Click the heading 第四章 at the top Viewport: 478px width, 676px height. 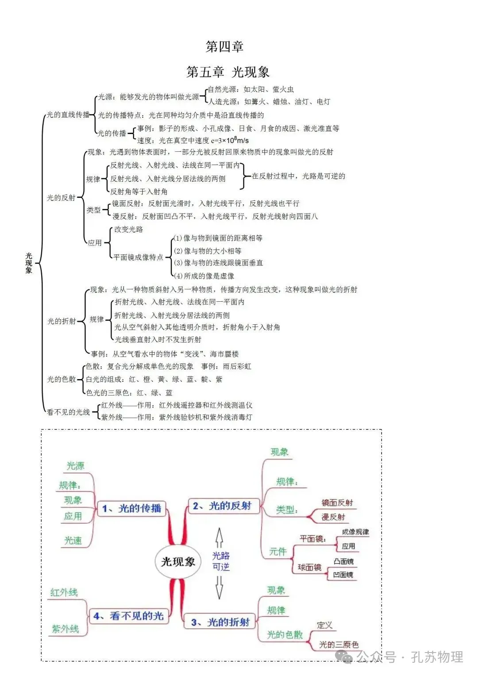pyautogui.click(x=225, y=46)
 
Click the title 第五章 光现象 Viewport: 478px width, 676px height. pyautogui.click(x=228, y=72)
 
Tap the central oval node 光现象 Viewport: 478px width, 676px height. pyautogui.click(x=178, y=561)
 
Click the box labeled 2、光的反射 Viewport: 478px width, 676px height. pyautogui.click(x=222, y=506)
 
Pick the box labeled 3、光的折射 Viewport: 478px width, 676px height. pyautogui.click(x=220, y=622)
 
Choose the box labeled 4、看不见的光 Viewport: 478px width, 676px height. pyautogui.click(x=128, y=615)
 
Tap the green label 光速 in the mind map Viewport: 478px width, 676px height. pyautogui.click(x=73, y=540)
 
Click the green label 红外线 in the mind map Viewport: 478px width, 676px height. pyautogui.click(x=64, y=592)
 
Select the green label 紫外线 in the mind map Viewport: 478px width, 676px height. pyautogui.click(x=65, y=628)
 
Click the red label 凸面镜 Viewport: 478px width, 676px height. pyautogui.click(x=343, y=561)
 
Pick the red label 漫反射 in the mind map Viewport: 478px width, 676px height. pyautogui.click(x=333, y=517)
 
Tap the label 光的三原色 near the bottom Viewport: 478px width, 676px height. pyautogui.click(x=339, y=645)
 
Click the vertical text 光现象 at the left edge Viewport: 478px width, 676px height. pyautogui.click(x=29, y=263)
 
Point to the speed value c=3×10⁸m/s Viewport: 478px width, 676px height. pyautogui.click(x=230, y=141)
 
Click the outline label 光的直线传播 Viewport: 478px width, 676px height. pyautogui.click(x=68, y=115)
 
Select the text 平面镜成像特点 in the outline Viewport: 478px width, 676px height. pyautogui.click(x=138, y=257)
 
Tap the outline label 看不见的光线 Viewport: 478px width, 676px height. pyautogui.click(x=68, y=412)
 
